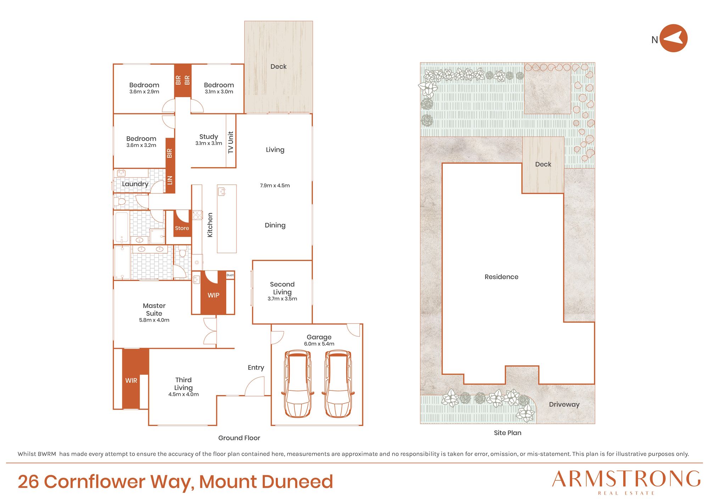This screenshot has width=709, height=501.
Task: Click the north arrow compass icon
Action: [x=674, y=38]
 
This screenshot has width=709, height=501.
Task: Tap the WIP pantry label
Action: [x=213, y=295]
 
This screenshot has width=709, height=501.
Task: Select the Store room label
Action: [x=182, y=228]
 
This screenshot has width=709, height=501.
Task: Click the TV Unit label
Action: [x=231, y=142]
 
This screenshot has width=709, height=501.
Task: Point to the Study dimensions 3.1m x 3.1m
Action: [x=209, y=143]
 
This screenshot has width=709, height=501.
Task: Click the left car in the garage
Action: [x=298, y=384]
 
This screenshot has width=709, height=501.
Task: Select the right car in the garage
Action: [x=338, y=384]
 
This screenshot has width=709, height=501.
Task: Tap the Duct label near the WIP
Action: [x=230, y=275]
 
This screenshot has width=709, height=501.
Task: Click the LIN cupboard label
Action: [x=170, y=180]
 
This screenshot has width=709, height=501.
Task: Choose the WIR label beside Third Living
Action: [x=131, y=381]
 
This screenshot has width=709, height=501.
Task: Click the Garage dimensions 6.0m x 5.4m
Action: [x=319, y=344]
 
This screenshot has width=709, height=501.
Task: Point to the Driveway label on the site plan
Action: [x=564, y=405]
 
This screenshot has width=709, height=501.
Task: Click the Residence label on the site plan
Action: [x=501, y=277]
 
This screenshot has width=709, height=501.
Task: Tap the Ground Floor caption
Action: [x=239, y=438]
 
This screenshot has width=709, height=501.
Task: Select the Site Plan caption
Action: [x=508, y=433]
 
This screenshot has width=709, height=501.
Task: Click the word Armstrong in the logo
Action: [x=626, y=479]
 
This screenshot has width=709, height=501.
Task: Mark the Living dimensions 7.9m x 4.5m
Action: [x=275, y=186]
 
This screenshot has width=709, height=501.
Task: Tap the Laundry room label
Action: [x=135, y=184]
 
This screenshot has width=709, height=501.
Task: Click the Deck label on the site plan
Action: [x=543, y=164]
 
